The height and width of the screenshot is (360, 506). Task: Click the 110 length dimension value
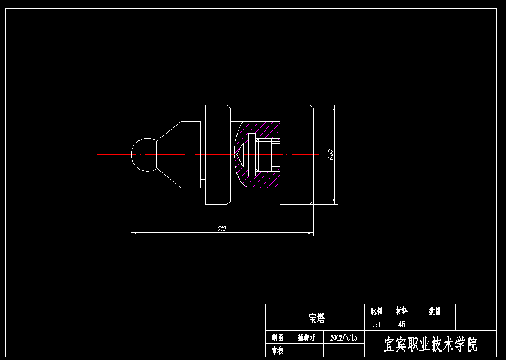[x=221, y=228]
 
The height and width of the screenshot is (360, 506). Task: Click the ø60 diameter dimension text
[x=330, y=154]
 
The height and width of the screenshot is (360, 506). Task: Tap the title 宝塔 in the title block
[x=316, y=319]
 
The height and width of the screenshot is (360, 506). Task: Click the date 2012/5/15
[x=343, y=337]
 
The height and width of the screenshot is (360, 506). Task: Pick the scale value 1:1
[x=377, y=325]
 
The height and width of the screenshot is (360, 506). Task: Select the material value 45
[x=401, y=325]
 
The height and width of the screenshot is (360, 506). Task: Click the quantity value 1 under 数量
[x=435, y=325]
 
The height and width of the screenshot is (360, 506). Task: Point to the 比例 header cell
[x=377, y=311]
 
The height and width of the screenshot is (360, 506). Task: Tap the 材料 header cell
[x=401, y=311]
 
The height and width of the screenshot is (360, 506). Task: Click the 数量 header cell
[x=435, y=311]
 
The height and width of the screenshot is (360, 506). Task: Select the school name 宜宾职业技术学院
[x=431, y=344]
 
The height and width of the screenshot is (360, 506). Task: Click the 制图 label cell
[x=277, y=337]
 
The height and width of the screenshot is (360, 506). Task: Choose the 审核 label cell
[x=277, y=350]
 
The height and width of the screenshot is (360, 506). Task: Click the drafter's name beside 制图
[x=307, y=337]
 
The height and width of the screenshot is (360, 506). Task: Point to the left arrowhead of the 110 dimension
[x=133, y=232]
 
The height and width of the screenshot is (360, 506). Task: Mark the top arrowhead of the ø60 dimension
[x=335, y=107]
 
